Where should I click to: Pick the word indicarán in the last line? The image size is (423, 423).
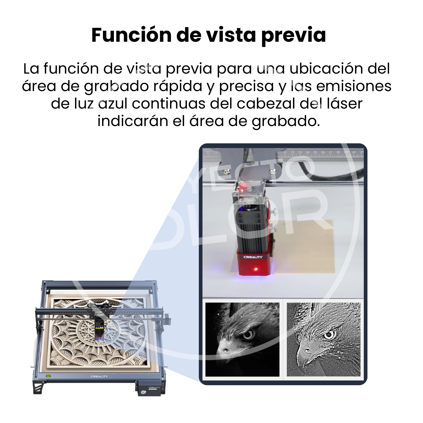[133, 121]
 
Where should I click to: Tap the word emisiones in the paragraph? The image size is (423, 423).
[354, 86]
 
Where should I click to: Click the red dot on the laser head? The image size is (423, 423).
[256, 269]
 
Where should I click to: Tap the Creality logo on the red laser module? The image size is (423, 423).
[253, 257]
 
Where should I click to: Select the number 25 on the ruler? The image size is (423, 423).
[315, 152]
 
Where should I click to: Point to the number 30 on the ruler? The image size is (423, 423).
[354, 152]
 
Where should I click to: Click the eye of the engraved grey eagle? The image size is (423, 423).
[329, 334]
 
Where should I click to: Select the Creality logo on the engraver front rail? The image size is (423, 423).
[99, 376]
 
